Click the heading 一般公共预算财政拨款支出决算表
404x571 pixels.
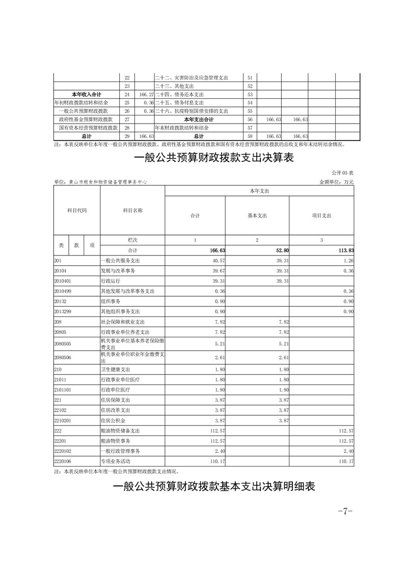coord(213,158)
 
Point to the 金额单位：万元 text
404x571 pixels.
coord(336,182)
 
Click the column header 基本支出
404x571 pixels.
coord(257,215)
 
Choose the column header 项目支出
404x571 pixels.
coord(321,215)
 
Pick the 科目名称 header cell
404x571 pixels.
coord(132,210)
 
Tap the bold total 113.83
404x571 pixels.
coord(345,250)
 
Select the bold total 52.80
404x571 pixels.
coord(282,250)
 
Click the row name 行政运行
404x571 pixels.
coord(110,280)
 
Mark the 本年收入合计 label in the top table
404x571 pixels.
coord(86,95)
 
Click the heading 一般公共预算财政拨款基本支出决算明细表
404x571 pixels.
coord(213,487)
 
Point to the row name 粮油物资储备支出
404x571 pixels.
coord(120,431)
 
